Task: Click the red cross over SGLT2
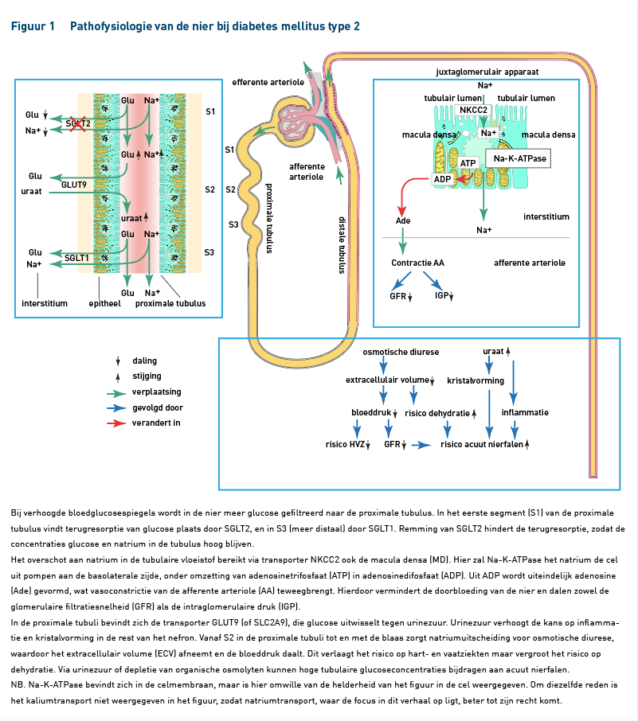pos(77,123)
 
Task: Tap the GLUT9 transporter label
pos(74,185)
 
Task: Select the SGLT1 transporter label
pos(76,258)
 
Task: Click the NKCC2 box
pos(473,110)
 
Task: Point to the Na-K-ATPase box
pos(519,158)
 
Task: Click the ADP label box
pos(442,179)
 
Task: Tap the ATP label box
pos(468,163)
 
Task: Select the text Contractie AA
pos(417,263)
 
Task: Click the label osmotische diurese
pos(401,353)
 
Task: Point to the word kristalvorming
pos(476,380)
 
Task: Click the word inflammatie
pos(525,412)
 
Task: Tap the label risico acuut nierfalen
pos(482,444)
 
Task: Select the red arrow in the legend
pos(116,423)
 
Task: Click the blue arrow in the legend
pos(116,408)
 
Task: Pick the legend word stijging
pos(147,376)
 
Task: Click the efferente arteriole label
pos(268,82)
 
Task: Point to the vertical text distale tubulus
pos(342,246)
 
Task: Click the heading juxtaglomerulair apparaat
pos(487,72)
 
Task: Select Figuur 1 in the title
pos(33,26)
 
